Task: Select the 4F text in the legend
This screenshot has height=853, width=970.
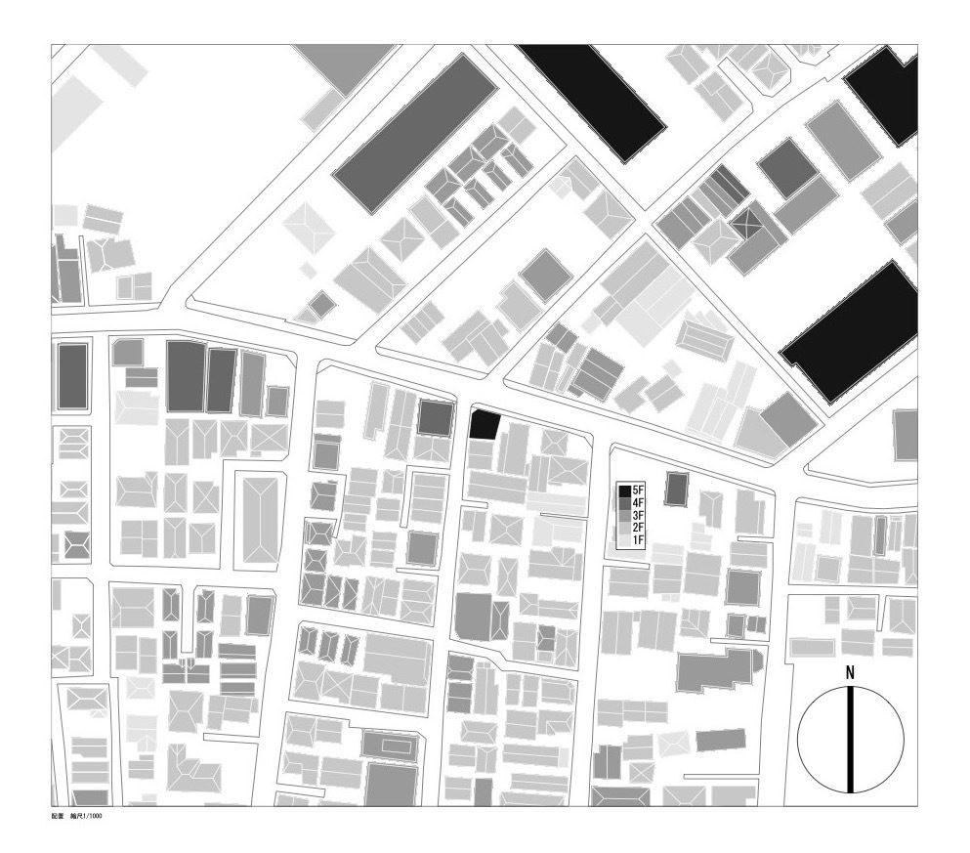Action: (x=639, y=502)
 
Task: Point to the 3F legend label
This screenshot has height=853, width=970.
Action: (x=639, y=515)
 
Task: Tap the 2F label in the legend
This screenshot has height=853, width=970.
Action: (x=639, y=528)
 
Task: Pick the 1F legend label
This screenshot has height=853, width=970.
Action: (x=639, y=540)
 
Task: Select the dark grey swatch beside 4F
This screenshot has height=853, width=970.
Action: (x=624, y=502)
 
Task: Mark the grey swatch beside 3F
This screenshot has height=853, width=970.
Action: (x=624, y=515)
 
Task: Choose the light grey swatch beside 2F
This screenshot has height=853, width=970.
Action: (x=624, y=528)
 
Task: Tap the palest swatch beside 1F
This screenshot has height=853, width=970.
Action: (x=624, y=540)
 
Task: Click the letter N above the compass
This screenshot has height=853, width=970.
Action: (x=850, y=673)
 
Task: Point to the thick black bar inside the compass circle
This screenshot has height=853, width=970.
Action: (x=851, y=740)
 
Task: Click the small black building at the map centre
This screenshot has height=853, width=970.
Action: (x=485, y=425)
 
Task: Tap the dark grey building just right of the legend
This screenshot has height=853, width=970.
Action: (x=676, y=488)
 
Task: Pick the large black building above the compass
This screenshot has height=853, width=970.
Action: (x=850, y=332)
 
